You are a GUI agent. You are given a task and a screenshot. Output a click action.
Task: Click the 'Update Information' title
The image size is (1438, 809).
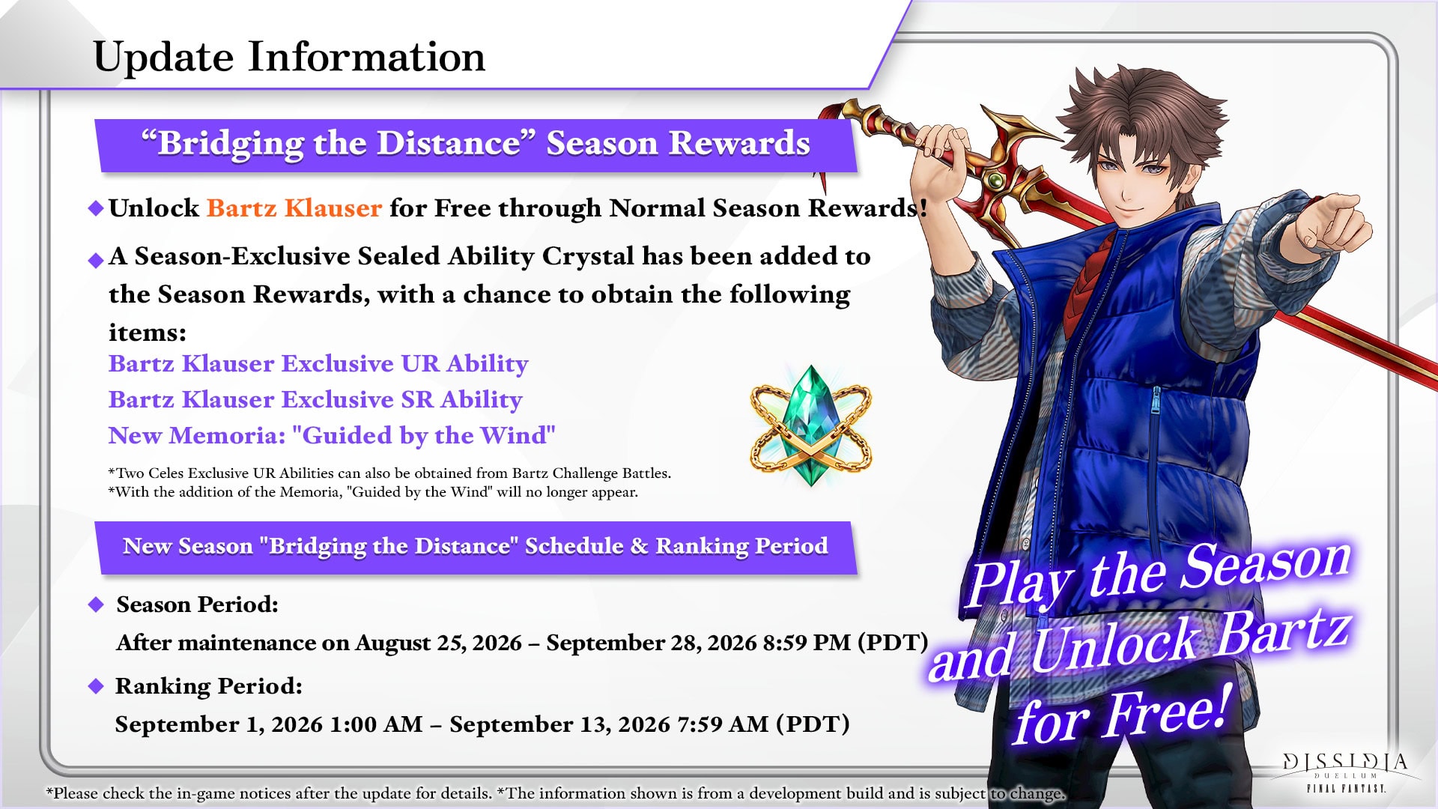pyautogui.click(x=289, y=57)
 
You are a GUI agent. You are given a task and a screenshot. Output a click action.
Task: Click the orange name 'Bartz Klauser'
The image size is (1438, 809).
pyautogui.click(x=294, y=207)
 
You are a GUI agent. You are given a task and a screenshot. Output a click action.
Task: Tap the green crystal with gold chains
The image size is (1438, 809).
pyautogui.click(x=811, y=425)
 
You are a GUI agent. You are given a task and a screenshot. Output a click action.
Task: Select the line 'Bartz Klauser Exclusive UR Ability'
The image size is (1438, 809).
pyautogui.click(x=318, y=363)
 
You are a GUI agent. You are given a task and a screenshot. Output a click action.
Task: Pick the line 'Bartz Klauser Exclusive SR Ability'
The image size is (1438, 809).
pyautogui.click(x=315, y=399)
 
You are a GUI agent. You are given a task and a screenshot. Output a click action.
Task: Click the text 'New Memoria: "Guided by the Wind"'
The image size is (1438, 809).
pyautogui.click(x=332, y=435)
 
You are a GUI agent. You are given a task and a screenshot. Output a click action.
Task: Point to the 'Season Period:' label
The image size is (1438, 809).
pyautogui.click(x=197, y=605)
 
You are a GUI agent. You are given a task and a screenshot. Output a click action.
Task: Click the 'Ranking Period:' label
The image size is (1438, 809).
pyautogui.click(x=208, y=686)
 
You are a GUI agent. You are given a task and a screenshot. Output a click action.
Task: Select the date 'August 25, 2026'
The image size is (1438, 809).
pyautogui.click(x=438, y=643)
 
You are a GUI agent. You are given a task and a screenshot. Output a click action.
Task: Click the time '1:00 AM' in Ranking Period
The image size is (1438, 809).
pyautogui.click(x=376, y=724)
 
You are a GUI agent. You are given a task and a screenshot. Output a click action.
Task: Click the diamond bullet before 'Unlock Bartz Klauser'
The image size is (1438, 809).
pyautogui.click(x=96, y=208)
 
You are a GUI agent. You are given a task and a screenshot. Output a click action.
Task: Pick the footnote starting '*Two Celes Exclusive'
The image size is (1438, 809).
pyautogui.click(x=389, y=473)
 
